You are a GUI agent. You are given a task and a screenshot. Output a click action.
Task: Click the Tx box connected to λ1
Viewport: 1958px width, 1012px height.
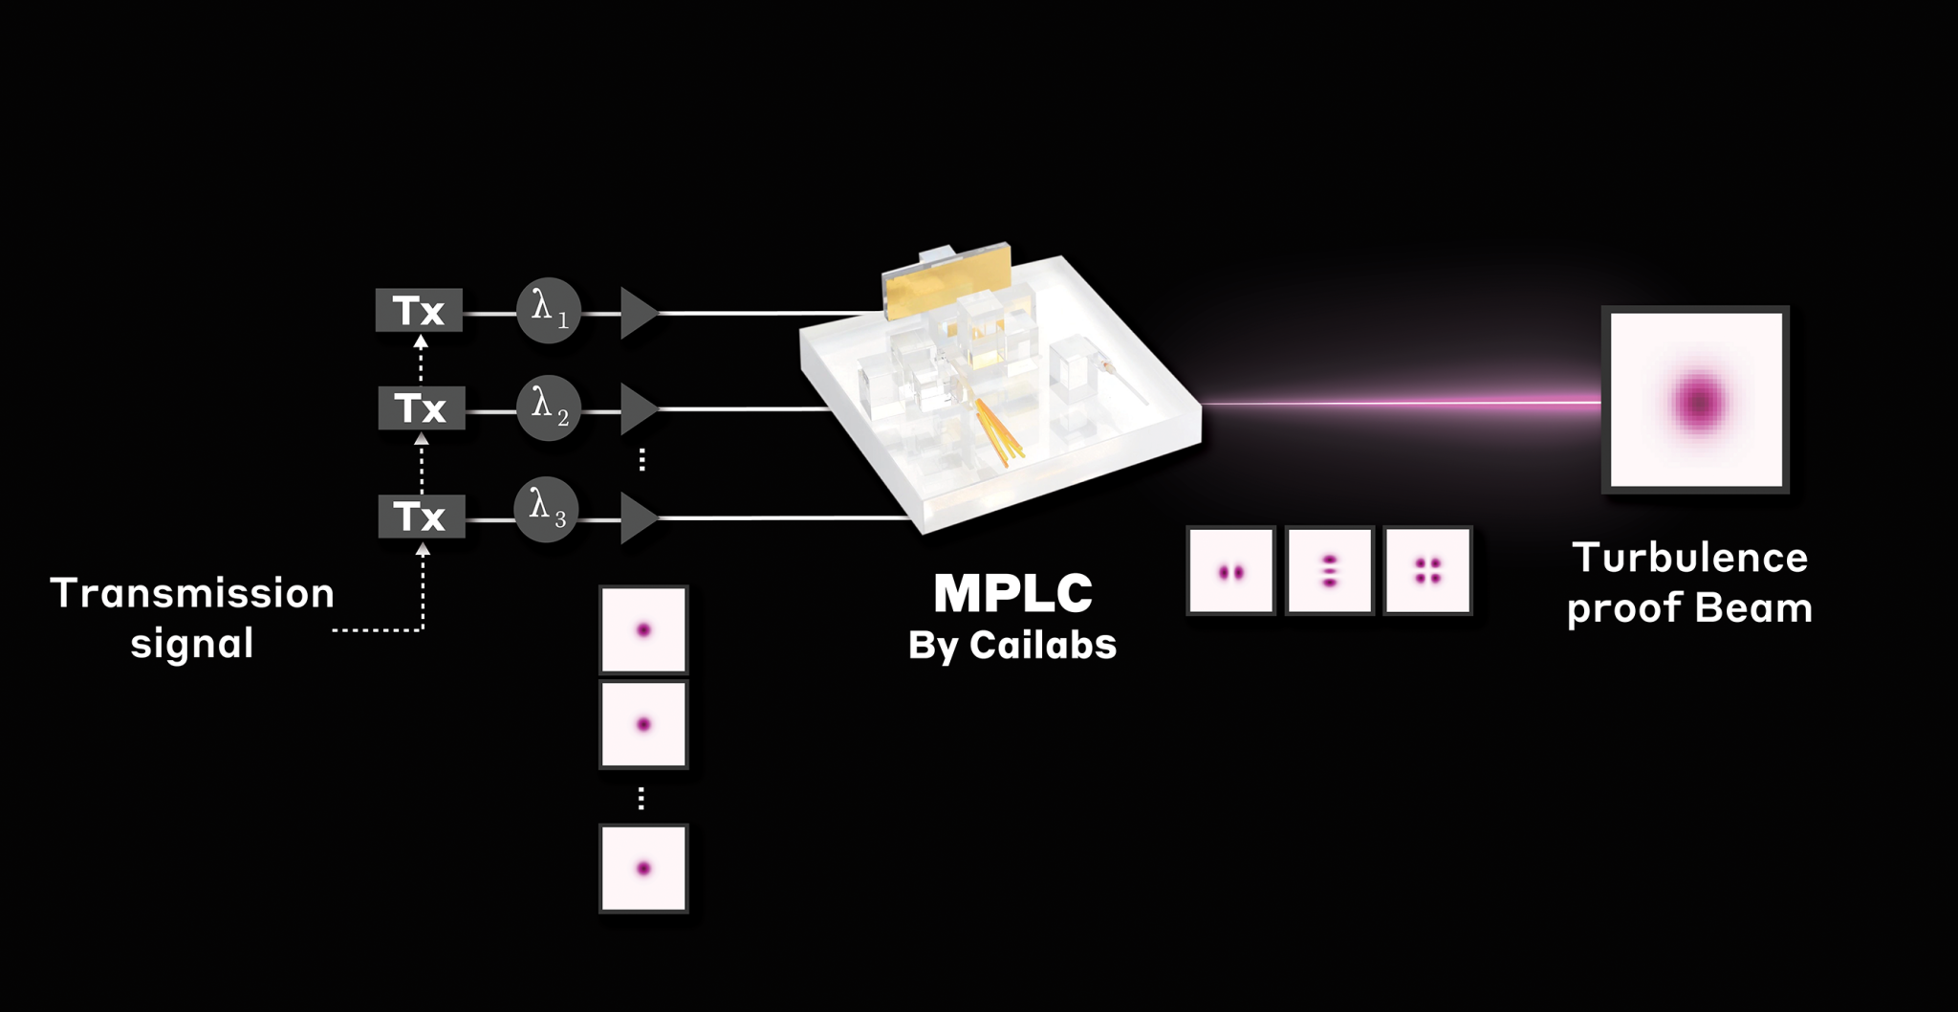(x=419, y=311)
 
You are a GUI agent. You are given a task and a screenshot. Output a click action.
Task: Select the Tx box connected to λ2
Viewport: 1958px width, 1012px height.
(x=422, y=408)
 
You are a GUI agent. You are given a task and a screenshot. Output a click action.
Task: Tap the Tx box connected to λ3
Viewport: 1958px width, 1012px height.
(x=422, y=517)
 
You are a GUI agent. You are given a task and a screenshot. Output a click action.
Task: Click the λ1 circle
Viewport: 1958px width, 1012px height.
(x=549, y=311)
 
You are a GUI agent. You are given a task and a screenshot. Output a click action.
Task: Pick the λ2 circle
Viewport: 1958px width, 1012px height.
(x=549, y=408)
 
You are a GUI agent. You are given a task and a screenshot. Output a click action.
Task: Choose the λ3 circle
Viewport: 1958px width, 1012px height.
(x=547, y=510)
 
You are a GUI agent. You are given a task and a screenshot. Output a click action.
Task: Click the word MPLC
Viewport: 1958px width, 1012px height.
(x=1013, y=593)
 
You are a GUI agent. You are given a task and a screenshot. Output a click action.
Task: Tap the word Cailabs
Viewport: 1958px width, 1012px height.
(x=1043, y=646)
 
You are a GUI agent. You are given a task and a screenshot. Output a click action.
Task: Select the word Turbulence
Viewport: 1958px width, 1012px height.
(x=1690, y=558)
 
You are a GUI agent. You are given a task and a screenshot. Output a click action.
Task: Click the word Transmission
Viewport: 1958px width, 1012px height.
(x=192, y=593)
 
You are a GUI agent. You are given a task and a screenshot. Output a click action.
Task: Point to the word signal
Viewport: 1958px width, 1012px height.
(x=192, y=643)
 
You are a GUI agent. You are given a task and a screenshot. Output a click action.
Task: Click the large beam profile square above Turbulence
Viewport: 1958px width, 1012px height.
(x=1696, y=400)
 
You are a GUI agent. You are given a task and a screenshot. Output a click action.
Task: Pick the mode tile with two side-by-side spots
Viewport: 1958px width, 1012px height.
(x=1230, y=571)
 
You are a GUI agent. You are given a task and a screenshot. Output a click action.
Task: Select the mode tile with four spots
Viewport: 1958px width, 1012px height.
(x=1428, y=571)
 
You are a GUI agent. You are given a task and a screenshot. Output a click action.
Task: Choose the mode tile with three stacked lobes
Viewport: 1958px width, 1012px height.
(x=1330, y=571)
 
